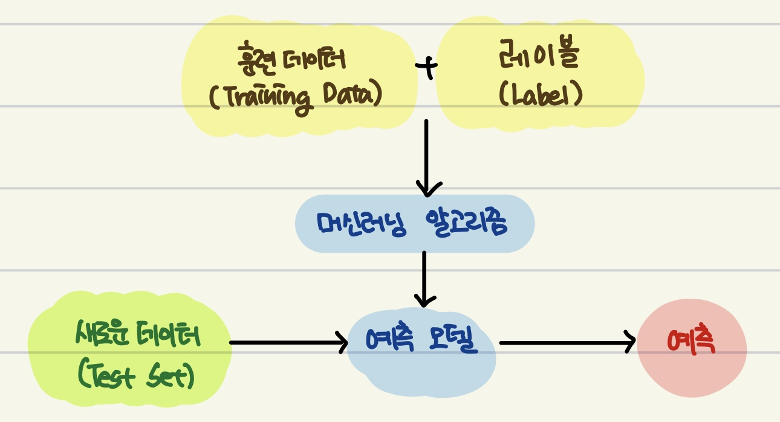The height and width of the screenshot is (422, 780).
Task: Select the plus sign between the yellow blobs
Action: (x=427, y=69)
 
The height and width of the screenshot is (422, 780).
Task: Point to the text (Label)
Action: (x=541, y=97)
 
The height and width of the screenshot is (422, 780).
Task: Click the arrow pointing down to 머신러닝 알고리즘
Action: (x=427, y=157)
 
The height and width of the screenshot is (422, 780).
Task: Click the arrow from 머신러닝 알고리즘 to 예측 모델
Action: (x=424, y=278)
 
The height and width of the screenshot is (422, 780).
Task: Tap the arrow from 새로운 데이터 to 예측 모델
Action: (x=288, y=343)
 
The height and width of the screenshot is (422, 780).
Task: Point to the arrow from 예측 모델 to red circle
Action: (x=567, y=343)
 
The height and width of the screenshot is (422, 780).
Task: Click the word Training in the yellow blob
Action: (x=266, y=98)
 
